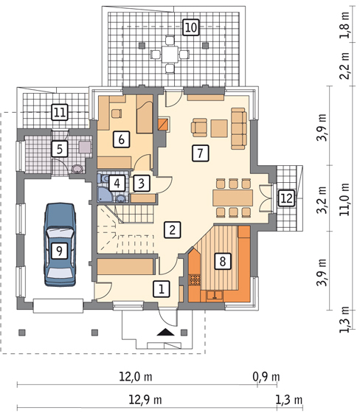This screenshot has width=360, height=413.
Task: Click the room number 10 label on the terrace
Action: [191, 27]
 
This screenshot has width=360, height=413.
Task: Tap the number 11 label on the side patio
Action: [60, 112]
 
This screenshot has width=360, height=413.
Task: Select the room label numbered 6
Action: [121, 139]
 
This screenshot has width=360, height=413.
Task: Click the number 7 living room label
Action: [201, 153]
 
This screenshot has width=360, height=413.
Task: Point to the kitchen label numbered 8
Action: [223, 262]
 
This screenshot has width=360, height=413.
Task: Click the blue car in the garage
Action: [60, 244]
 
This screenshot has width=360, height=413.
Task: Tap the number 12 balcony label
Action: [287, 198]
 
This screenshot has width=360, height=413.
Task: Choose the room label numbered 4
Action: [117, 183]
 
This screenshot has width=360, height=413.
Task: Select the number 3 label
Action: [142, 183]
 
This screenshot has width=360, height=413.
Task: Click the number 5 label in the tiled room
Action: [60, 149]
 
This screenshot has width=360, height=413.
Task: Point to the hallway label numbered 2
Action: [173, 230]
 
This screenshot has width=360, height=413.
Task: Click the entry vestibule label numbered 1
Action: [162, 289]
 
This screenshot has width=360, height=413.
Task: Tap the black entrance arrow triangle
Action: [165, 332]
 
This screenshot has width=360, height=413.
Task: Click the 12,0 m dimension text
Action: [136, 377]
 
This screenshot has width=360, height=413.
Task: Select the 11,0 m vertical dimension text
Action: [345, 199]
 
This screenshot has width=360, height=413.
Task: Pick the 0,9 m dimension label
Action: [266, 377]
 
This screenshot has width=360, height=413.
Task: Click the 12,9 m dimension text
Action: [145, 400]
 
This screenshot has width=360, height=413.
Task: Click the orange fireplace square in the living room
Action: [163, 124]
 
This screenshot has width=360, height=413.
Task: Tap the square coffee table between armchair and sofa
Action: [219, 128]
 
